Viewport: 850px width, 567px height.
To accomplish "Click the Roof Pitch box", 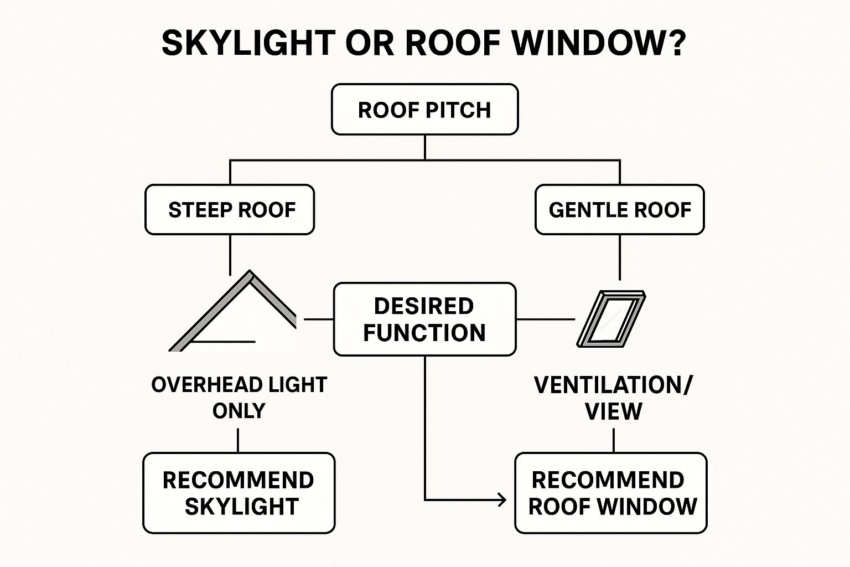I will pos(424,110).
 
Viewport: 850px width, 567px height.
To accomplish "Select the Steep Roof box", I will pos(230,210).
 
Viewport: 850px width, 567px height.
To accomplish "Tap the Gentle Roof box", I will pos(619,210).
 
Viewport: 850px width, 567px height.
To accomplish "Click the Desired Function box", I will pos(424,319).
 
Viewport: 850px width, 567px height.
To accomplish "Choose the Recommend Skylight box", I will pos(239,493).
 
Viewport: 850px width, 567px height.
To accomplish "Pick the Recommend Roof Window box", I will pos(611,493).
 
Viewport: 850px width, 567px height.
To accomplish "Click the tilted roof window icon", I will pos(611,319).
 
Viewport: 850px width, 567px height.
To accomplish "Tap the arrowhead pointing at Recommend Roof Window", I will pos(502,500).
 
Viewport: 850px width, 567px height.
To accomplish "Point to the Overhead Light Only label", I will pos(239,397).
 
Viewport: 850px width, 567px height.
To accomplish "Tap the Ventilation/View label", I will pos(613,397).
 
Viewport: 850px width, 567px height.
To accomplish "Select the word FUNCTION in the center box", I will pos(424,333).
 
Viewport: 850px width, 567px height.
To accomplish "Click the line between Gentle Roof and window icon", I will pos(619,257).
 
